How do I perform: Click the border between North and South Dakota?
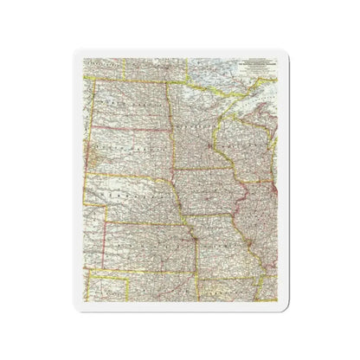[130, 125]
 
